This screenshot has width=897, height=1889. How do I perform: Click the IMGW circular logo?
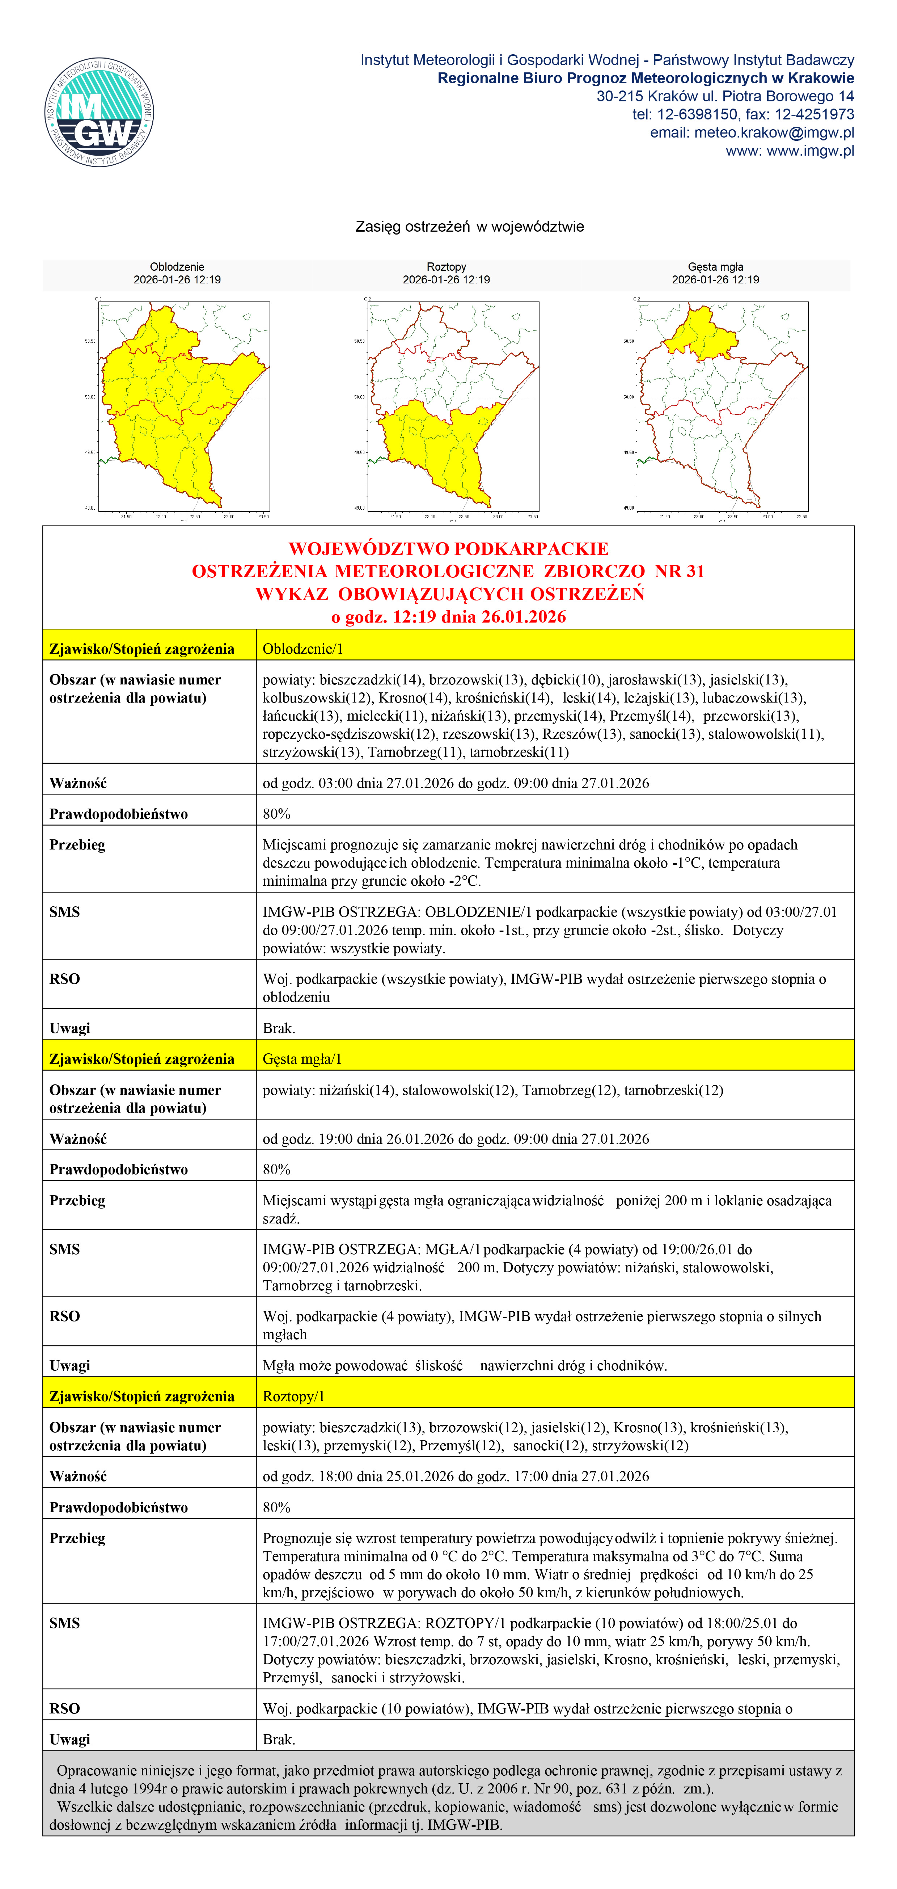pos(99,112)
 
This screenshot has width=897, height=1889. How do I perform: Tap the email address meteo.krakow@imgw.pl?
pos(752,133)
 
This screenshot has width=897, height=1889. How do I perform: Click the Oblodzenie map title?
pos(177,267)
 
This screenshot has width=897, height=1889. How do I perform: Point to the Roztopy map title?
pos(446,267)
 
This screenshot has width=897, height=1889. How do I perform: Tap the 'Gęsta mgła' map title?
pos(715,267)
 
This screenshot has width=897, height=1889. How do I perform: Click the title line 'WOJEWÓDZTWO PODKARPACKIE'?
pos(449,548)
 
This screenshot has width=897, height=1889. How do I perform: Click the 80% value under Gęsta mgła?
pos(277,1169)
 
